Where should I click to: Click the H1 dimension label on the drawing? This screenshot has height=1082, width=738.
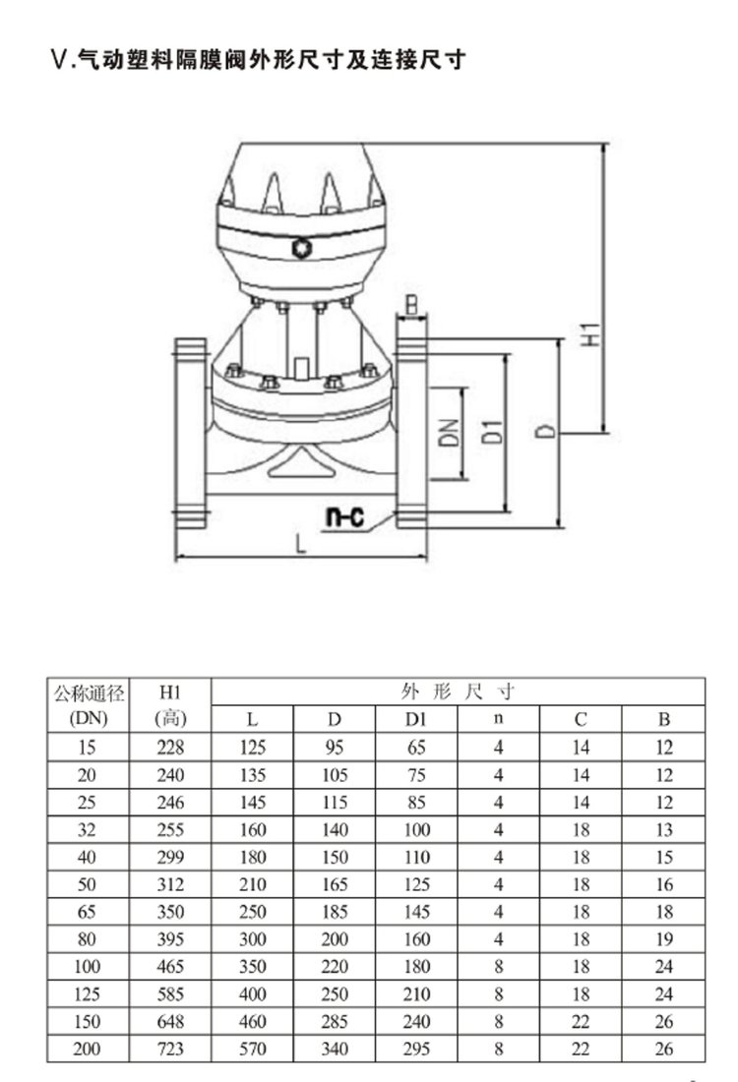pyautogui.click(x=591, y=334)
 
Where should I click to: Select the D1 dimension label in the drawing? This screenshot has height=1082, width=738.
pyautogui.click(x=492, y=431)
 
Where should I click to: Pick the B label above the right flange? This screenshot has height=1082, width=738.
pyautogui.click(x=410, y=304)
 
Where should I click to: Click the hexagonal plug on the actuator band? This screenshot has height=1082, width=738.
pyautogui.click(x=302, y=248)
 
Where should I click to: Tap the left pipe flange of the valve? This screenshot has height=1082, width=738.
pyautogui.click(x=191, y=433)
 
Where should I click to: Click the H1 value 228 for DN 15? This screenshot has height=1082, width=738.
pyautogui.click(x=170, y=748)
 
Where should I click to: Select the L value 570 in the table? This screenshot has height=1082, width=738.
pyautogui.click(x=252, y=1049)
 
